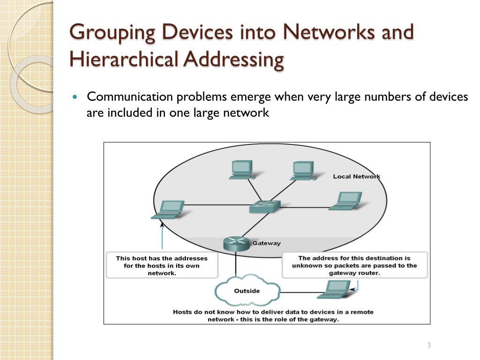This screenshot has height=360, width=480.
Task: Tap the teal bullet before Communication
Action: pos(77,97)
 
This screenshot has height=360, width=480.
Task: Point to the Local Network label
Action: pos(357,177)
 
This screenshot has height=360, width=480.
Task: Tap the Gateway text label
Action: pos(267,243)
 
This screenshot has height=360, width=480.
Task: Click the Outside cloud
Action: pos(247,291)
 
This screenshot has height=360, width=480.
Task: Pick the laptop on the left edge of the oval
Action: pos(167,210)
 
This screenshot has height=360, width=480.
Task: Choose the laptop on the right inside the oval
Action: pos(345,201)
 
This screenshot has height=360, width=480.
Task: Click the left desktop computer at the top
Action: pos(242,170)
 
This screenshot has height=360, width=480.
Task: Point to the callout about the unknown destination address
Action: pos(354,265)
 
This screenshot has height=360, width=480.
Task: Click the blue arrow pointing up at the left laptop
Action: pos(162,237)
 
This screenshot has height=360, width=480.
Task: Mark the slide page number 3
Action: pos(428,346)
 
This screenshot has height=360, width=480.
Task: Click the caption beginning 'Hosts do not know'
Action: pos(273,315)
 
